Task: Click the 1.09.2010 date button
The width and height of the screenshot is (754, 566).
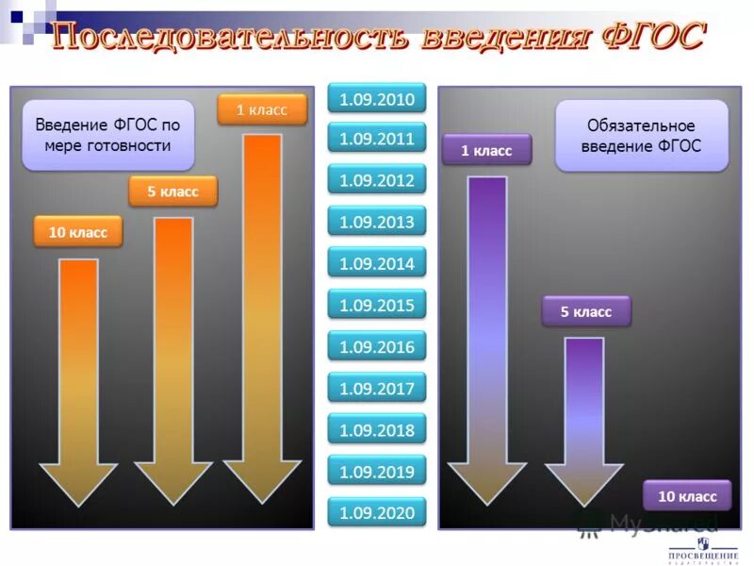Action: pos(377,98)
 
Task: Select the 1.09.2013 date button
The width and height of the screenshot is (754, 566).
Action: pos(377,223)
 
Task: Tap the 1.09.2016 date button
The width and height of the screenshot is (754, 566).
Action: pos(377,347)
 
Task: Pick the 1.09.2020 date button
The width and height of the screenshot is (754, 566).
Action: pos(377,513)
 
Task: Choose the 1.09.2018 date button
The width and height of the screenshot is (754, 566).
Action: pos(377,430)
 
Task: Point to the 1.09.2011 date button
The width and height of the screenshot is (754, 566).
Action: pos(377,140)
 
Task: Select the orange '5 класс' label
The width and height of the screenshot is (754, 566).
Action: pos(172,191)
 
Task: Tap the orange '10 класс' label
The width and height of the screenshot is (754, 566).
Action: pos(78,232)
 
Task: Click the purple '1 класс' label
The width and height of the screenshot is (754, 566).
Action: pos(486,150)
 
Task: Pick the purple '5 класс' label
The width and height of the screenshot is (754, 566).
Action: pos(586,311)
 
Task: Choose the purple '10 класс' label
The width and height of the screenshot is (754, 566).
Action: pos(687,496)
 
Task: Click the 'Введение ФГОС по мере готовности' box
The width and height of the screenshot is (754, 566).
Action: pos(107,135)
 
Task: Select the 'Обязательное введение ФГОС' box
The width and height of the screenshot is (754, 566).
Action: pos(641,136)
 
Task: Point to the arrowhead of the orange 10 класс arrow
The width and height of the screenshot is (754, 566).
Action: pos(78,481)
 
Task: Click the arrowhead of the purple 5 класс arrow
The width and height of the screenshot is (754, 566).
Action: pos(585,481)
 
